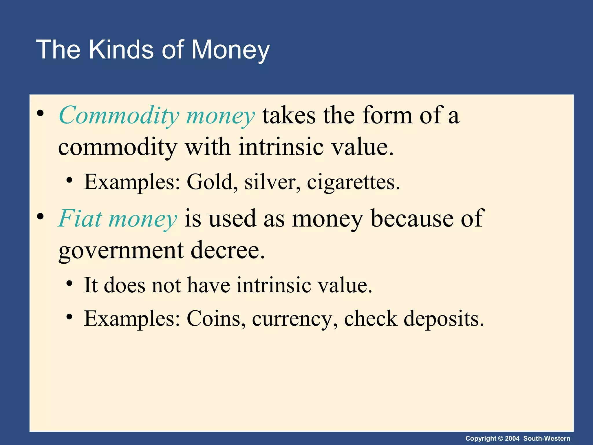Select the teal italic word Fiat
80,218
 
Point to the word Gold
210,182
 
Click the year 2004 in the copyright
512,438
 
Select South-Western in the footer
547,438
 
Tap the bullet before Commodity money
40,113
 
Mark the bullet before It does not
69,283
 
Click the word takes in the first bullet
289,116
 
